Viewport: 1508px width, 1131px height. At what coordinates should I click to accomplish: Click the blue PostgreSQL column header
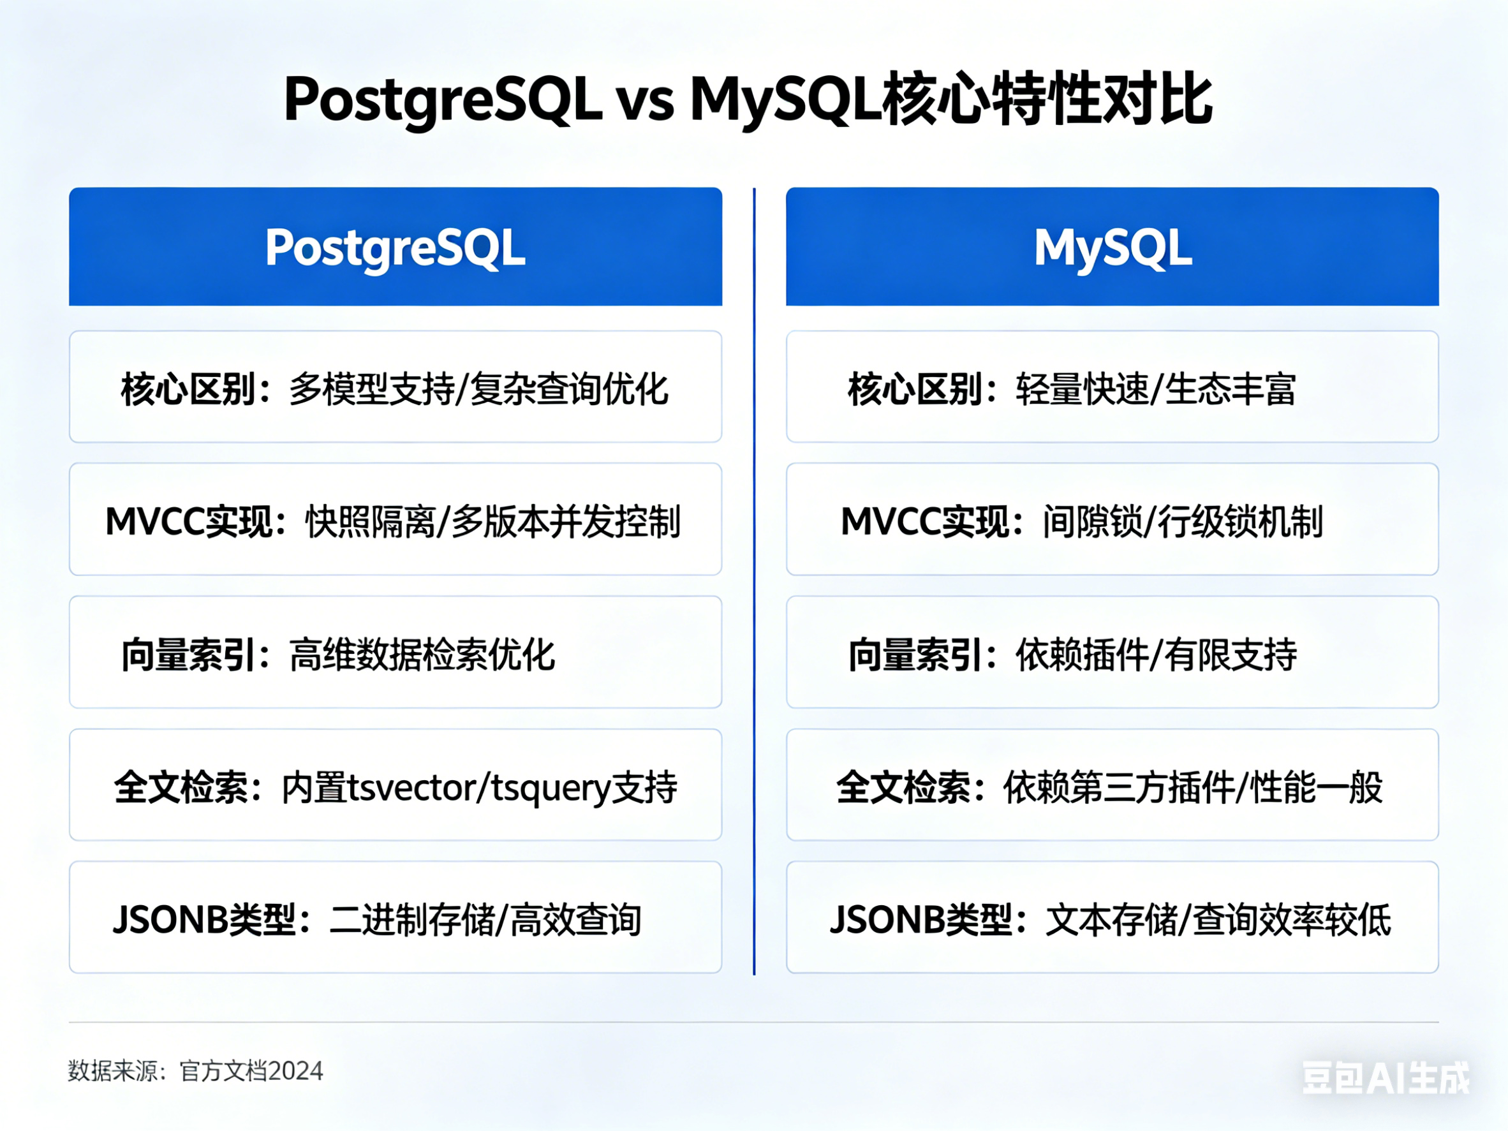395,246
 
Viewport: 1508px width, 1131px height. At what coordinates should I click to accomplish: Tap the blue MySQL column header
1113,246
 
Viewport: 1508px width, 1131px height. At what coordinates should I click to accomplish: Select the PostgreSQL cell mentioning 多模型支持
395,387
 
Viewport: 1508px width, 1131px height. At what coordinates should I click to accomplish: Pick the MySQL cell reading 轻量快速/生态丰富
1113,387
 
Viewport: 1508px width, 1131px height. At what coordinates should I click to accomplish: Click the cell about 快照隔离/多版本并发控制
395,519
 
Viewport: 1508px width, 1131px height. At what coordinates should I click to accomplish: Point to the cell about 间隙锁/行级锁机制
1113,519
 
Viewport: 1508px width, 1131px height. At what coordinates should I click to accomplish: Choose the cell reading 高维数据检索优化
395,653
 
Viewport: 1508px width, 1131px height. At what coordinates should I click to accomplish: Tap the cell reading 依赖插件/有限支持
1113,653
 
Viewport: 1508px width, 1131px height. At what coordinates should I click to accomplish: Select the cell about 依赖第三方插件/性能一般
1113,785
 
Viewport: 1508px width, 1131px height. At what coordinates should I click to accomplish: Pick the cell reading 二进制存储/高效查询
395,917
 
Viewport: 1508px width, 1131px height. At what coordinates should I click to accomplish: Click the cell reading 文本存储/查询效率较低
1113,917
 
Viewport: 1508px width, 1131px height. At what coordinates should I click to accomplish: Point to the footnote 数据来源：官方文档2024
196,1071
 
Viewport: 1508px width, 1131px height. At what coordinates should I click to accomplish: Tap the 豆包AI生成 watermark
1387,1078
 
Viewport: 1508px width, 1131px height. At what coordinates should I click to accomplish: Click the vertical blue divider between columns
754,581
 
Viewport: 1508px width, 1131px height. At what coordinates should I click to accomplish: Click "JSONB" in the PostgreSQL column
170,920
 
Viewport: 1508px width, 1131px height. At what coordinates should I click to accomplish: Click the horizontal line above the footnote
754,1022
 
